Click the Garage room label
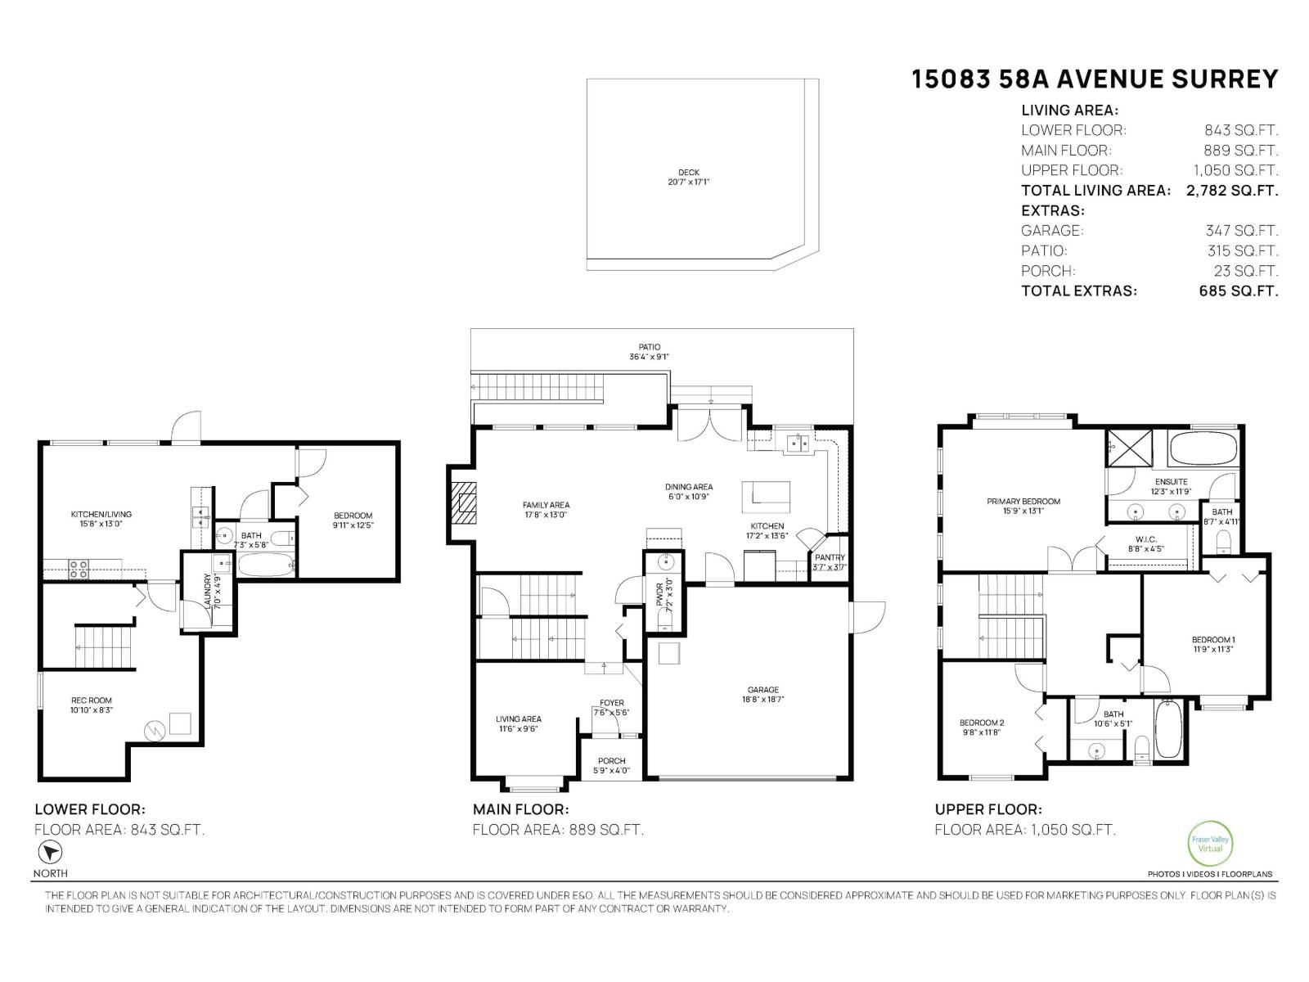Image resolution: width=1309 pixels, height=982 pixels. pyautogui.click(x=762, y=694)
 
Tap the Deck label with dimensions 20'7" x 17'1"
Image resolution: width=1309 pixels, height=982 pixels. pyautogui.click(x=688, y=177)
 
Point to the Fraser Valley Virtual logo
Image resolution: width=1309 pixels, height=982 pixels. pyautogui.click(x=1209, y=843)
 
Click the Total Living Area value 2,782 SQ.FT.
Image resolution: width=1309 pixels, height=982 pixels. pyautogui.click(x=1231, y=191)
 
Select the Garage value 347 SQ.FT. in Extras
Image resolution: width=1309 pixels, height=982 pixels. pyautogui.click(x=1241, y=231)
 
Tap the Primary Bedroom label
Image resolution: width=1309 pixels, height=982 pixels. pyautogui.click(x=1023, y=506)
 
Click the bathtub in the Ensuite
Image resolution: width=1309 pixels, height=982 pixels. pyautogui.click(x=1203, y=449)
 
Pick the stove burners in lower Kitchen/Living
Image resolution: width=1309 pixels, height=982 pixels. pyautogui.click(x=78, y=569)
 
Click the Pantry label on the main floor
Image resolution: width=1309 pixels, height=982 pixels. pyautogui.click(x=830, y=562)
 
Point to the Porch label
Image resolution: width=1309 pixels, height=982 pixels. pyautogui.click(x=611, y=765)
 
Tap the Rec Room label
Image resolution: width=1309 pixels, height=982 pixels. pyautogui.click(x=91, y=705)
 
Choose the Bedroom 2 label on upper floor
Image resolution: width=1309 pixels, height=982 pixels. pyautogui.click(x=982, y=727)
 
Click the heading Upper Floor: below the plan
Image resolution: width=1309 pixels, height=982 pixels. pyautogui.click(x=988, y=809)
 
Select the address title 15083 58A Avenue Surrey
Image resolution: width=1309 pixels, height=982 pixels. pyautogui.click(x=1095, y=79)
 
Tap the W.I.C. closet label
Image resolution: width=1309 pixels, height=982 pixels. pyautogui.click(x=1145, y=544)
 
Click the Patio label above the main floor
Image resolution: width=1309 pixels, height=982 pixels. pyautogui.click(x=650, y=352)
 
